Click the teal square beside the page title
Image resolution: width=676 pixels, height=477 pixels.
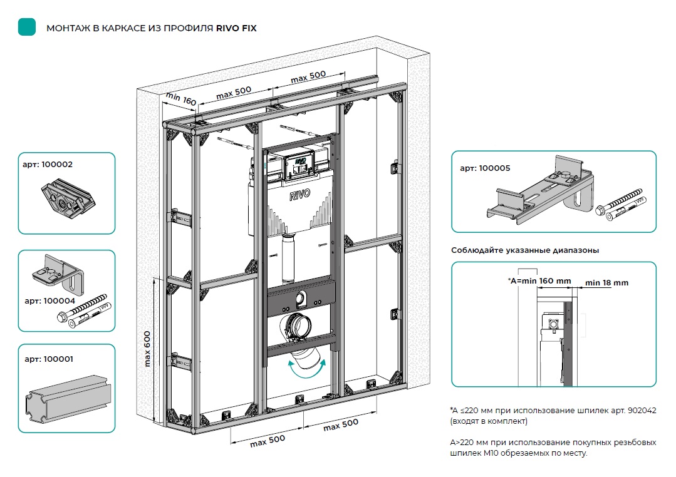(x=27, y=27)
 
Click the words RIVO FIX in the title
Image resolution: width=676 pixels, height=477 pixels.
(x=236, y=28)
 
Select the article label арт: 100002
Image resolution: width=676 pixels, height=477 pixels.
(x=48, y=165)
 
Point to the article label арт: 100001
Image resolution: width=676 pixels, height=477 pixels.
(x=48, y=359)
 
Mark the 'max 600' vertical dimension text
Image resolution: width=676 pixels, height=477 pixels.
(x=148, y=349)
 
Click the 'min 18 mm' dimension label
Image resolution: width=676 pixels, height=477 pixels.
(x=606, y=283)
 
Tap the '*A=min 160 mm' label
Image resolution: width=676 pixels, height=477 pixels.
(x=539, y=280)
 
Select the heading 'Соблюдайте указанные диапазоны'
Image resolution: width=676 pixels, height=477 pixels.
(x=525, y=250)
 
